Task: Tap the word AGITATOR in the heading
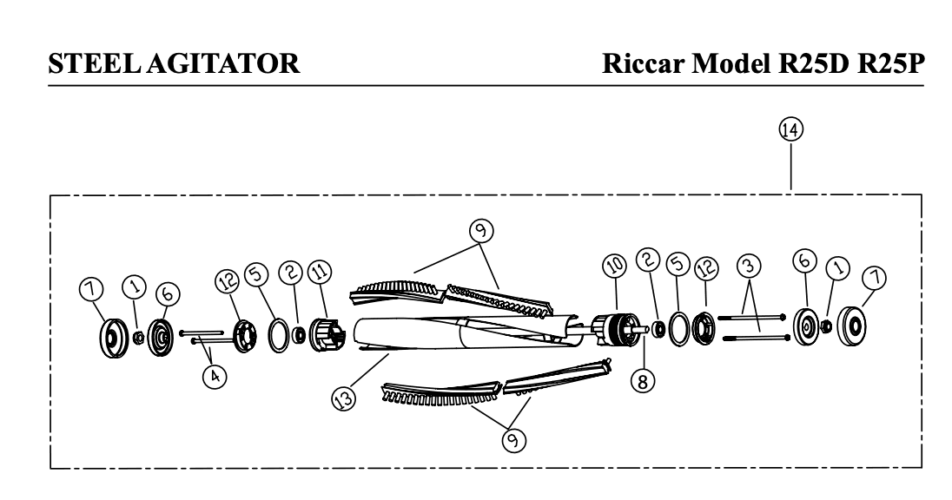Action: (x=223, y=63)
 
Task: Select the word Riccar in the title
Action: (x=643, y=63)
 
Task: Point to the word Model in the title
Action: (x=731, y=63)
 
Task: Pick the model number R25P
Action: (x=890, y=63)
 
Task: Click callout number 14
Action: (x=790, y=129)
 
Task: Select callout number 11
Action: (x=320, y=271)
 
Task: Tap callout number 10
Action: (x=614, y=265)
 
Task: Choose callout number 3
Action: (x=750, y=266)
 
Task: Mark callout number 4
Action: (x=215, y=376)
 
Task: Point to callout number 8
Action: (x=643, y=381)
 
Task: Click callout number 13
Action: (x=344, y=398)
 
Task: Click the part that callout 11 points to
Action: (x=327, y=336)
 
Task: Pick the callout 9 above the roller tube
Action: (x=481, y=231)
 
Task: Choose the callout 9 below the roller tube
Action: (x=513, y=439)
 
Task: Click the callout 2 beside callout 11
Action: (x=291, y=272)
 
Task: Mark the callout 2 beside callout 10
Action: (x=648, y=260)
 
